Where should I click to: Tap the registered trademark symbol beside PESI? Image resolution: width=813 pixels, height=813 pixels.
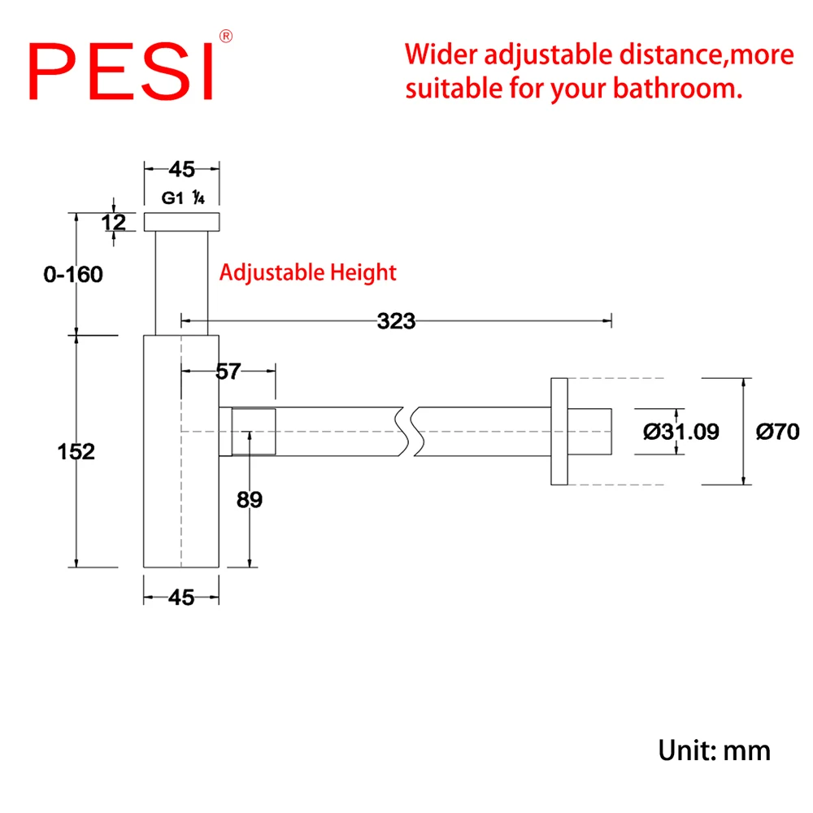227,36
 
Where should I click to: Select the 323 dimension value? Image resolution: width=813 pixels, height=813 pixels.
396,321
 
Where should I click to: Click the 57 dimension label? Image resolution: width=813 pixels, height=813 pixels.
228,372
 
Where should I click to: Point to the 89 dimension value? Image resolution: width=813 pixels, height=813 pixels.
250,500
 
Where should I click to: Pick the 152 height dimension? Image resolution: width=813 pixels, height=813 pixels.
76,451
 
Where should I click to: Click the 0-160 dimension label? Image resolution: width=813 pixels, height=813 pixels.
73,275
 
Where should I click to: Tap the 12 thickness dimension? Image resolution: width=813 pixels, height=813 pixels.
114,221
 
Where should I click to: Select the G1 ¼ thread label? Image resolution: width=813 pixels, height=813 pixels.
182,198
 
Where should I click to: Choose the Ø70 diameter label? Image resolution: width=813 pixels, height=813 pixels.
777,432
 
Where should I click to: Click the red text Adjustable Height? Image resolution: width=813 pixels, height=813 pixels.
308,272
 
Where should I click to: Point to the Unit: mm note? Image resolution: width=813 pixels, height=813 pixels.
714,750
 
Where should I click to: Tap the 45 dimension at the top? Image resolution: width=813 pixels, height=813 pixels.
181,169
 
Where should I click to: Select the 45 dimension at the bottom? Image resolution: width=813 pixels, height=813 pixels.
181,598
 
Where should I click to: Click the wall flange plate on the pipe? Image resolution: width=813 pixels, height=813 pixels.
559,431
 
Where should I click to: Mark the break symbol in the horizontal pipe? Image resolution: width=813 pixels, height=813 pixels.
409,431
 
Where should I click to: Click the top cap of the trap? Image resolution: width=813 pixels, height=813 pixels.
182,222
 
